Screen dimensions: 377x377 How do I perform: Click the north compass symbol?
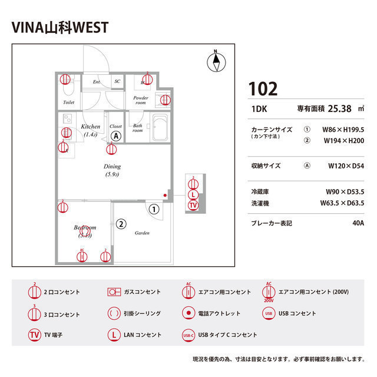216,61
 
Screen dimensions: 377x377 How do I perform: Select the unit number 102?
263,89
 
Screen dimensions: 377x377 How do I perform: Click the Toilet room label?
68,102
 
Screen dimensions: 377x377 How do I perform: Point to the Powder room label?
140,100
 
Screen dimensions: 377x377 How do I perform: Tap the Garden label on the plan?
142,233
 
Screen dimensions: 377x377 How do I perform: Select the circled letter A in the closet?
117,136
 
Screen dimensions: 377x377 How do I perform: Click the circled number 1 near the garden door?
154,209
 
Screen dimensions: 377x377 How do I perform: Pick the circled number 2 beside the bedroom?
121,224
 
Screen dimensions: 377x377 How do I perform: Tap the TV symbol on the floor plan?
193,205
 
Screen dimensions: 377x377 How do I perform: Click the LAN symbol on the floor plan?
193,195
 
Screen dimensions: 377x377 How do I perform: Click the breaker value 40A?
358,223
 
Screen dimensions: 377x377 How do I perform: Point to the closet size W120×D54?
346,166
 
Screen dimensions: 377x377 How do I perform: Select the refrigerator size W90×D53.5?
345,192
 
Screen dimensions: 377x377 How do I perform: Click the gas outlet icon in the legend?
114,292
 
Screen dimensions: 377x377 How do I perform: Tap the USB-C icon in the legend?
188,335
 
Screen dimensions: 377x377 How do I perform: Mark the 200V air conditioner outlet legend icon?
269,292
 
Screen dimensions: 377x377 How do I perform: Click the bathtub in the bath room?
160,128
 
